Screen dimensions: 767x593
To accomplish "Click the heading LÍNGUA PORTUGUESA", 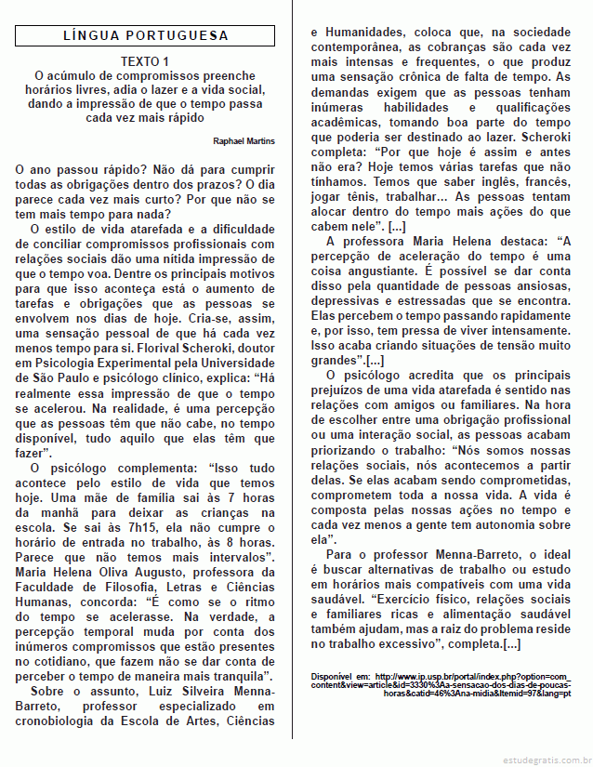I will pyautogui.click(x=145, y=36).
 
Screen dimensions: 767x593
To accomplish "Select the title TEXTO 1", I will pyautogui.click(x=145, y=60).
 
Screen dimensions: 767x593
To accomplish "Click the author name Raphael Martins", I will pyautogui.click(x=243, y=140).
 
